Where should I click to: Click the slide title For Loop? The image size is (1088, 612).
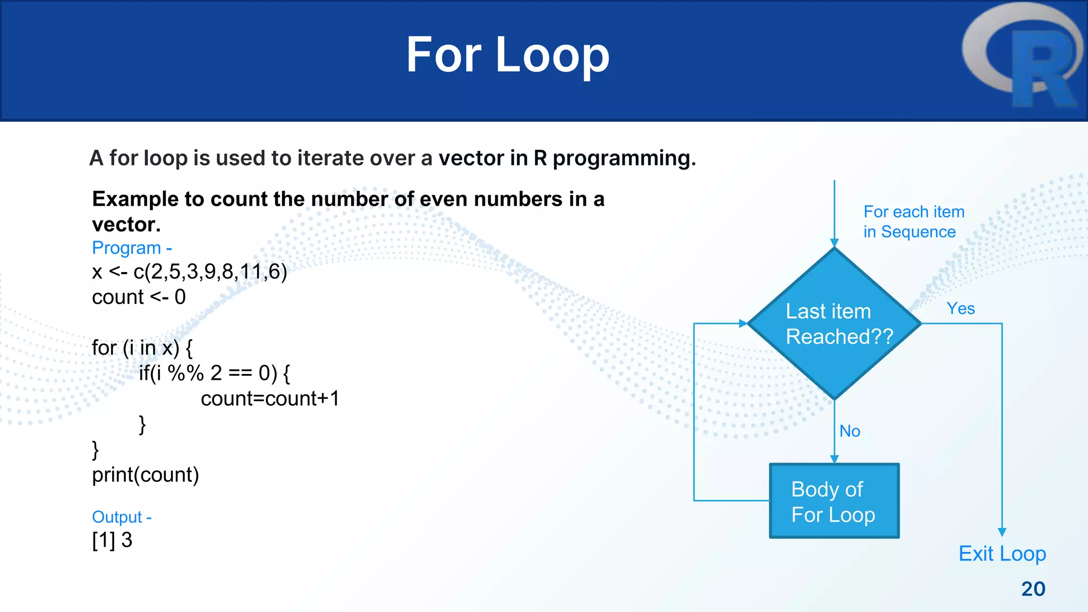click(x=507, y=55)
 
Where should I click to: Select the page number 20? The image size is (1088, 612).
click(x=1033, y=589)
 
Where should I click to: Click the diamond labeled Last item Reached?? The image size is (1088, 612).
click(x=834, y=324)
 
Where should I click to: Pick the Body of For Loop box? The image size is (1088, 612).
click(x=834, y=501)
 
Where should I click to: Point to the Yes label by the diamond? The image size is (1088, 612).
click(x=960, y=309)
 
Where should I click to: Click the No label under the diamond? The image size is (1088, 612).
click(x=849, y=431)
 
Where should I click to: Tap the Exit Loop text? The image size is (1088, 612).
click(x=1002, y=554)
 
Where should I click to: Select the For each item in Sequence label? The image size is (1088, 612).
click(x=913, y=222)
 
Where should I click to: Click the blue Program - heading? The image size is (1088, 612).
click(x=132, y=248)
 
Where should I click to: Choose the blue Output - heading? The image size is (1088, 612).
click(x=122, y=517)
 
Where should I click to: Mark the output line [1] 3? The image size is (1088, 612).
click(x=112, y=540)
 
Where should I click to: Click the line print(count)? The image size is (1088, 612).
click(x=145, y=475)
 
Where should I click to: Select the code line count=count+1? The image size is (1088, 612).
click(x=270, y=398)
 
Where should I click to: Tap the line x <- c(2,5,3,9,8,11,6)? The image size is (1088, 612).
click(x=189, y=272)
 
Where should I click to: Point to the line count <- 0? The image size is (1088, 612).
click(x=139, y=297)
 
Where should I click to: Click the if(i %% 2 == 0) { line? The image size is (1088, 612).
click(x=214, y=373)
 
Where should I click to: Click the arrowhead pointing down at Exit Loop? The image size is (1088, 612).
click(x=1002, y=532)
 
